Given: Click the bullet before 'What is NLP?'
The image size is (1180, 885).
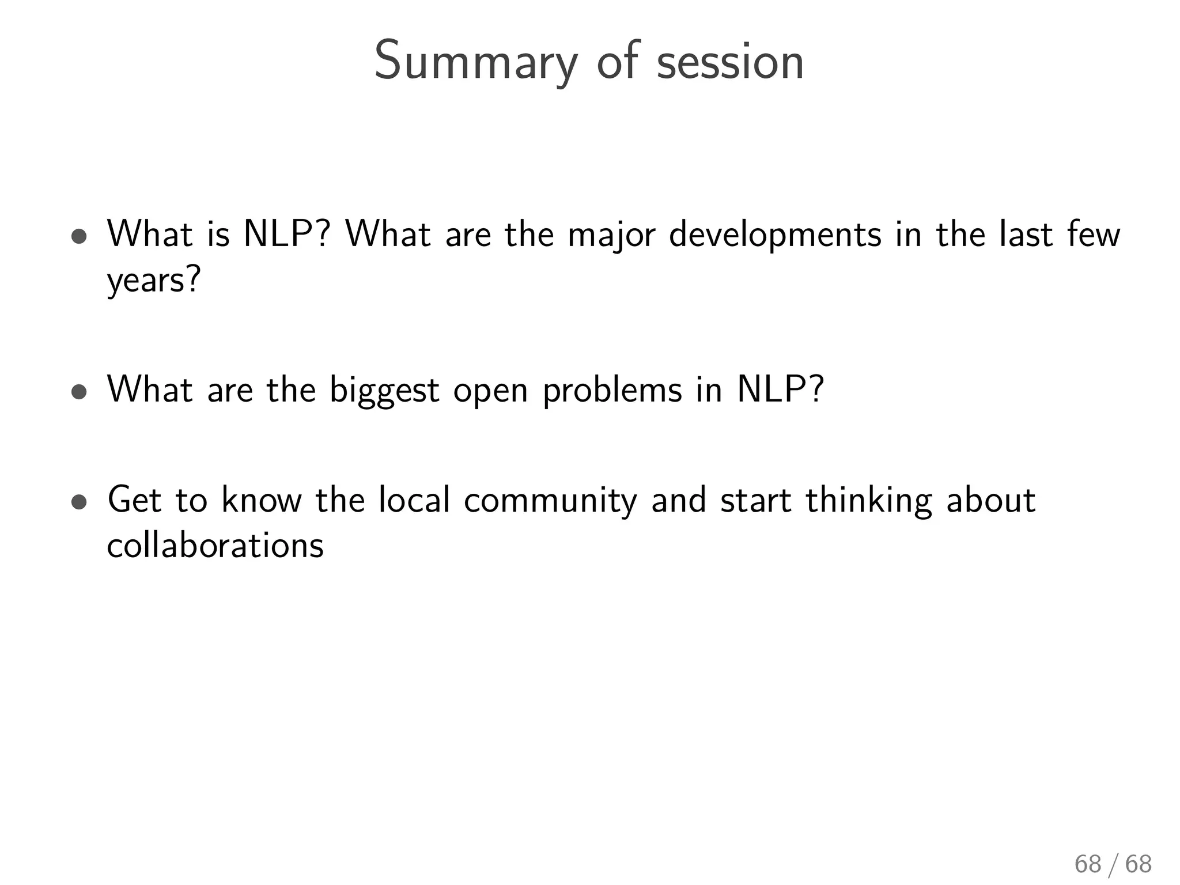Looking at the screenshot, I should [80, 236].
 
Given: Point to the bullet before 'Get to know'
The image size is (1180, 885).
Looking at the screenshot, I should [80, 501].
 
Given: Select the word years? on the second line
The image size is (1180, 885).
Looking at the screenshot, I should [154, 281].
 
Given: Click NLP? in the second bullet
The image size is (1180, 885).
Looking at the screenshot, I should [781, 389].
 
